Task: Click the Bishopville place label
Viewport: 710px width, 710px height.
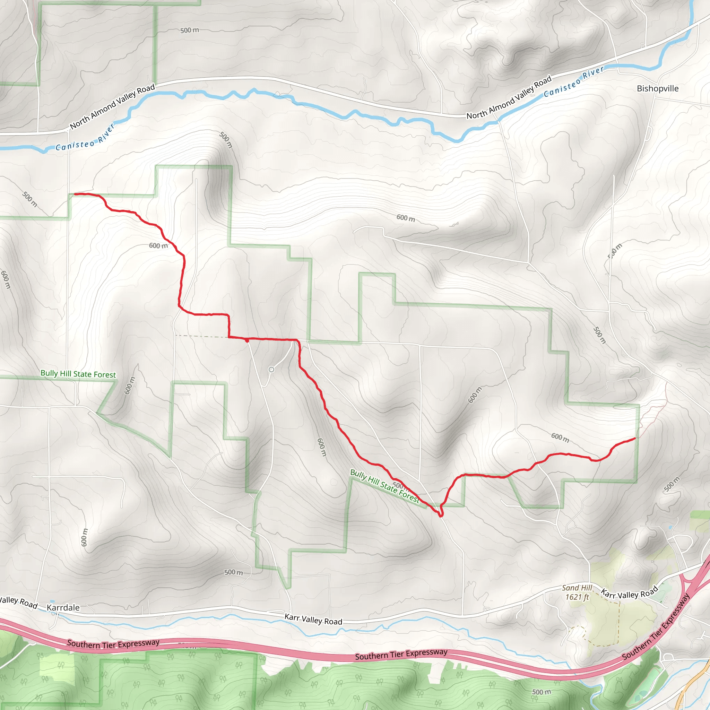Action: (657, 88)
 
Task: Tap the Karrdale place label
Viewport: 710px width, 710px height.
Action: (63, 607)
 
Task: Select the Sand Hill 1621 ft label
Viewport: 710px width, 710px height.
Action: (577, 592)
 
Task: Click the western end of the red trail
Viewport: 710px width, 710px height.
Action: (75, 194)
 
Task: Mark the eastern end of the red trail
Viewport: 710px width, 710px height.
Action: (635, 438)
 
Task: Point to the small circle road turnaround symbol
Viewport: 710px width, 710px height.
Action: (271, 370)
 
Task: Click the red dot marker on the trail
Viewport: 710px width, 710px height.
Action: (247, 341)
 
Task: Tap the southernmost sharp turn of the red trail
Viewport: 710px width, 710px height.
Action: (441, 516)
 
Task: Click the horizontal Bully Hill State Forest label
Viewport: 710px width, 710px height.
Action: (78, 374)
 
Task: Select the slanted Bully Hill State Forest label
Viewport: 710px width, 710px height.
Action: (384, 486)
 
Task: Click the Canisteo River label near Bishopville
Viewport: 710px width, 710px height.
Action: (574, 81)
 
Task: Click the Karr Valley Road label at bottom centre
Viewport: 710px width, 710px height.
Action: (313, 619)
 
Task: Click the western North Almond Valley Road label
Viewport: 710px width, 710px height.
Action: (112, 106)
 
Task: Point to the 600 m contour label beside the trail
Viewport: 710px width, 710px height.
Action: (158, 245)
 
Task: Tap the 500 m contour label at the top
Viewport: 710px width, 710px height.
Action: (190, 30)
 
